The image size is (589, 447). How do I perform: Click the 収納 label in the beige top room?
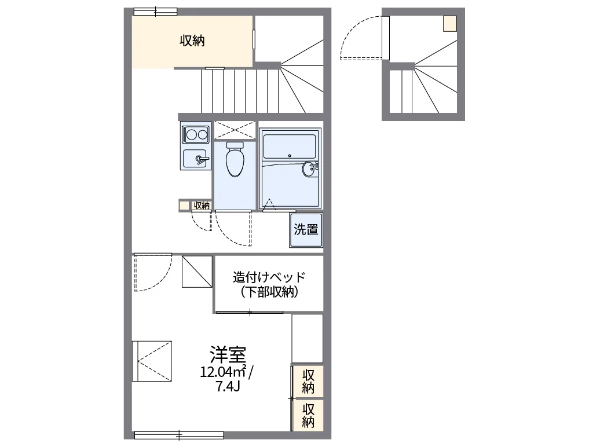click(192, 41)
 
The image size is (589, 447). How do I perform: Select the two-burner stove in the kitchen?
click(195, 135)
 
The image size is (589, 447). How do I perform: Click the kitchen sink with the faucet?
click(195, 158)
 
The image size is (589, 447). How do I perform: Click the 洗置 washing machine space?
click(306, 229)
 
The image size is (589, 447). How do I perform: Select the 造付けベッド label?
click(269, 277)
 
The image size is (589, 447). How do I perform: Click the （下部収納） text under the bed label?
click(269, 292)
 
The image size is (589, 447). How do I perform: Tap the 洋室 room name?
click(228, 353)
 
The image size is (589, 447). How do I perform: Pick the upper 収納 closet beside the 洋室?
click(308, 381)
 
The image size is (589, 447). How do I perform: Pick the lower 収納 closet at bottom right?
click(308, 415)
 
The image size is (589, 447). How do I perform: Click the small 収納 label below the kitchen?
click(201, 205)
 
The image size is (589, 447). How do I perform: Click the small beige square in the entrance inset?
click(449, 24)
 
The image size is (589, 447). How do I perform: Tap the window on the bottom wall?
click(179, 435)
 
